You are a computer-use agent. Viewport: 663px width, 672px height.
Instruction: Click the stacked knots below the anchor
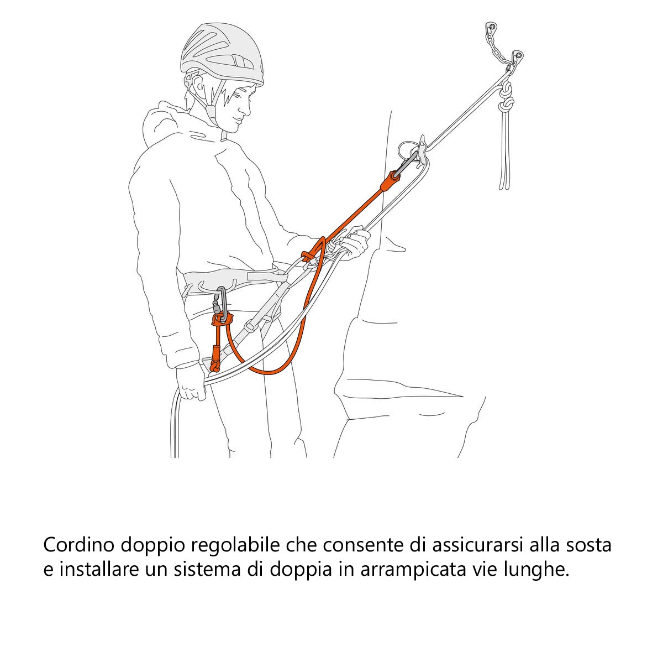505,100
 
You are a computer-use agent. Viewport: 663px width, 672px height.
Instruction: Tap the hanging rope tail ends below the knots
505,160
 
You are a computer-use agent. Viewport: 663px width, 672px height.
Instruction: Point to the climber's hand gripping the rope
354,243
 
